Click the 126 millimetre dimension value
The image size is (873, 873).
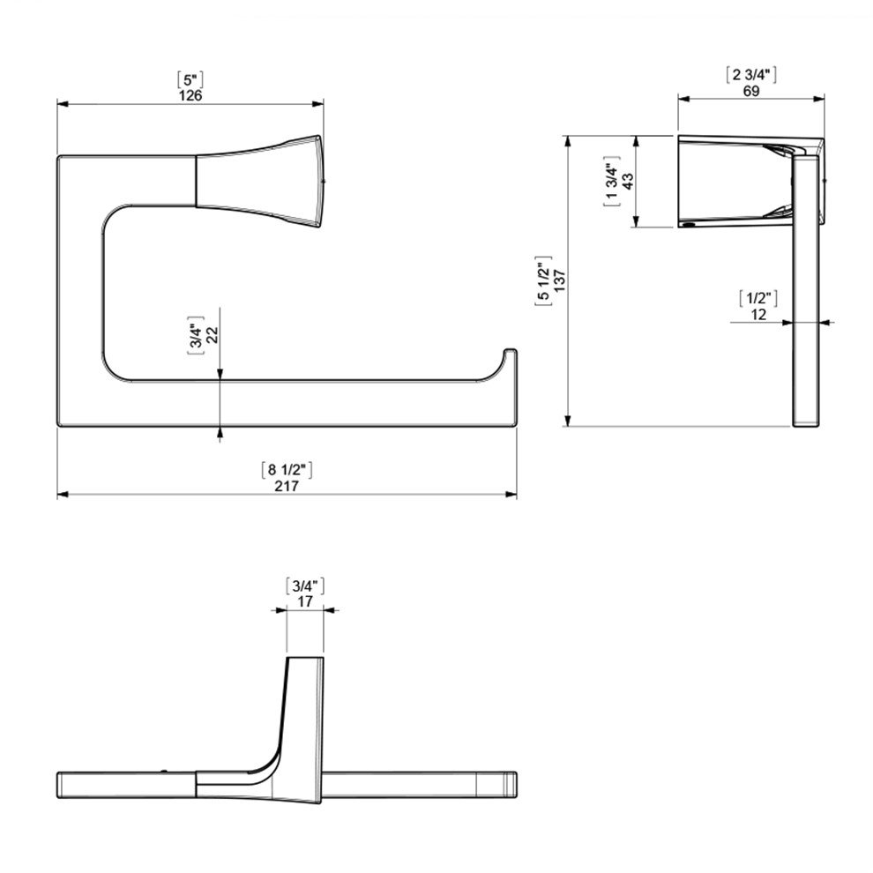point(190,95)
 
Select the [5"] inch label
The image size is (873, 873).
point(190,79)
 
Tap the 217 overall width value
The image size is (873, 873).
point(287,486)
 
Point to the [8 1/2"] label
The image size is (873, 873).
point(287,470)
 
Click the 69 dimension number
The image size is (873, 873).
point(751,91)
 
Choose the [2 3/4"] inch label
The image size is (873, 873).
point(751,75)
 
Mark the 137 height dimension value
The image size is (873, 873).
point(560,281)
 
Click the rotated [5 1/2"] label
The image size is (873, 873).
point(543,281)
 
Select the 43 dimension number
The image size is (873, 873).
point(628,181)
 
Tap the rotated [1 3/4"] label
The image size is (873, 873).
point(612,181)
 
